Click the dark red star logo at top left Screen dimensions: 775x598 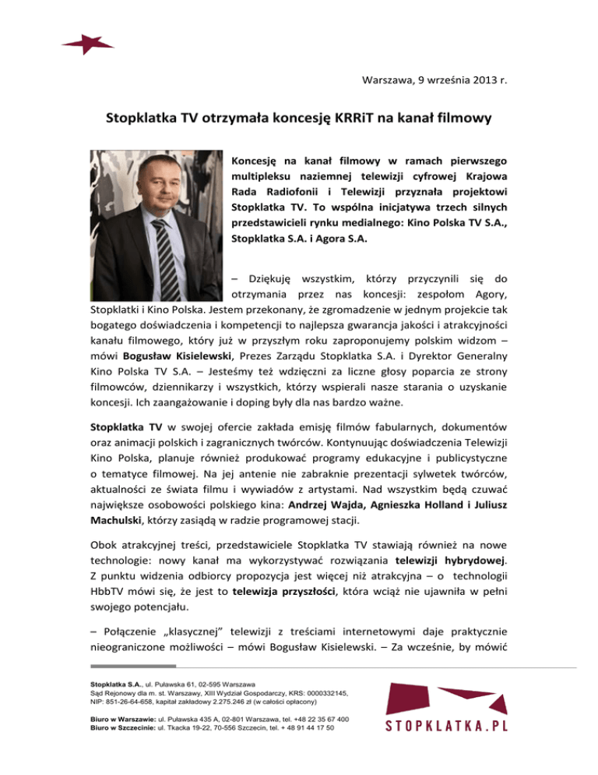tap(88, 44)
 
